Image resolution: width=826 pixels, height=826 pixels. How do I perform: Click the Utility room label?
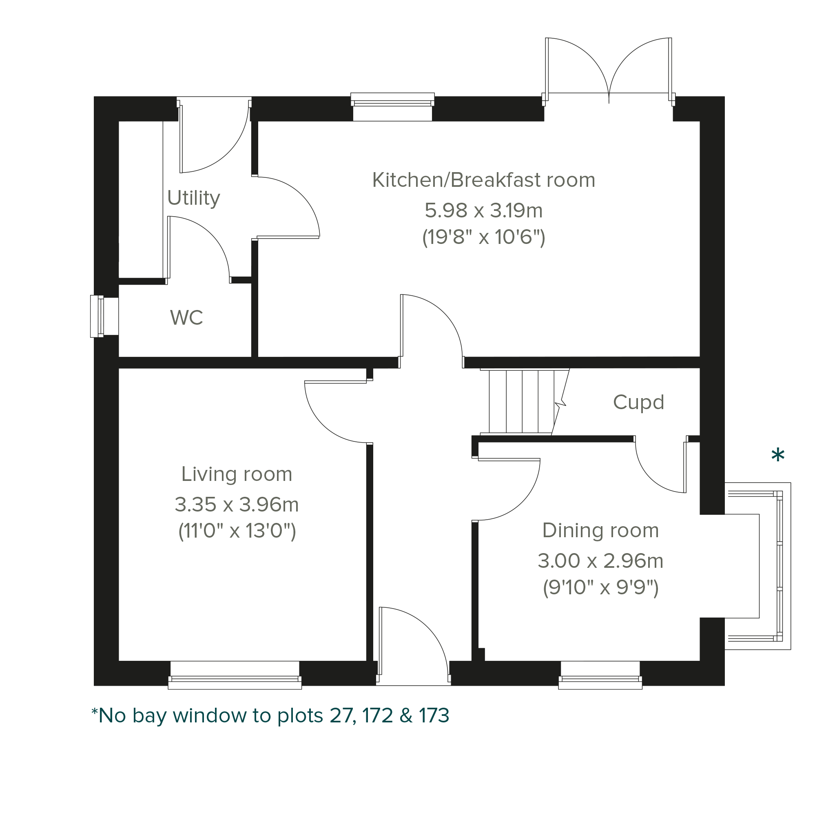point(194,198)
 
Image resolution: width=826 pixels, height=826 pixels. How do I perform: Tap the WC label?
point(186,318)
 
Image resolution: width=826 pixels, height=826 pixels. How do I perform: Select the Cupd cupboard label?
point(638,402)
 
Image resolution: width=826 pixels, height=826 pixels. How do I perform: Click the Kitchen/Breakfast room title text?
point(483,180)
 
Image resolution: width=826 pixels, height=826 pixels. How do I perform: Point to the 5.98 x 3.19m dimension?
point(483,210)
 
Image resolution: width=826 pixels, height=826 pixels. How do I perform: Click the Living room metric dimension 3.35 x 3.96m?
point(237,505)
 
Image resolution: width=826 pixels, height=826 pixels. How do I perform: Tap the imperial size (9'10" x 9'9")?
point(601,587)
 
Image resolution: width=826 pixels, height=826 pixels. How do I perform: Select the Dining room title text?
point(601,531)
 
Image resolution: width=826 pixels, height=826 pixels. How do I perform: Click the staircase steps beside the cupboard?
point(524,402)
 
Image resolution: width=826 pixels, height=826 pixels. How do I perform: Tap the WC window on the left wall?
point(104,317)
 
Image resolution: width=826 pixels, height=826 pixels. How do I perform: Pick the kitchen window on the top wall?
point(392,106)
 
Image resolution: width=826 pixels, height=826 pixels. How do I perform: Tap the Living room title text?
point(237,474)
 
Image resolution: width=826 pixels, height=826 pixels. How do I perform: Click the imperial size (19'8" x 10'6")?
point(483,237)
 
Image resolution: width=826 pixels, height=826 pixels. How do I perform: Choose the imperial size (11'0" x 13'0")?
point(237,531)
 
